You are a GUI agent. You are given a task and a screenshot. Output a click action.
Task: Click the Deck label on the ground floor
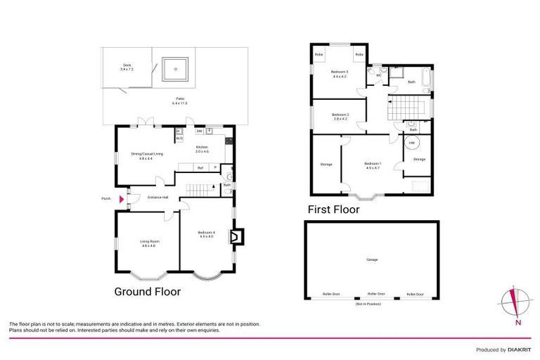(127, 66)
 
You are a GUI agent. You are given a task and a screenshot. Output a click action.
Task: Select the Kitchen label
(202, 148)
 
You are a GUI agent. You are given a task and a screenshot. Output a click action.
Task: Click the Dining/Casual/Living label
(146, 156)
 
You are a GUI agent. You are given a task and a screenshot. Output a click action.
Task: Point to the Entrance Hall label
(157, 197)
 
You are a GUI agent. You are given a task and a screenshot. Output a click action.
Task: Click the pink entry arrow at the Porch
(122, 200)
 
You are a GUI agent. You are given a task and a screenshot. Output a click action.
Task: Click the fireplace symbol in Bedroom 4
(235, 238)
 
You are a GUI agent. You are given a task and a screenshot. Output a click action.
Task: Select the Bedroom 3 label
(339, 74)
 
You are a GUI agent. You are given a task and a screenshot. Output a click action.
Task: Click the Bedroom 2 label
(340, 116)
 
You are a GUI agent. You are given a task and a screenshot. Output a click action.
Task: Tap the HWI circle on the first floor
(412, 143)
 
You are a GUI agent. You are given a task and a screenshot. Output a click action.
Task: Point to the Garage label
(372, 259)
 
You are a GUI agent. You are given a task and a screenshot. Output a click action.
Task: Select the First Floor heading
(333, 210)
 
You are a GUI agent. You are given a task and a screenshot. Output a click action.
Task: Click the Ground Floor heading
(147, 291)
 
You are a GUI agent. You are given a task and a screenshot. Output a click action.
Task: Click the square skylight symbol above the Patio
(173, 68)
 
